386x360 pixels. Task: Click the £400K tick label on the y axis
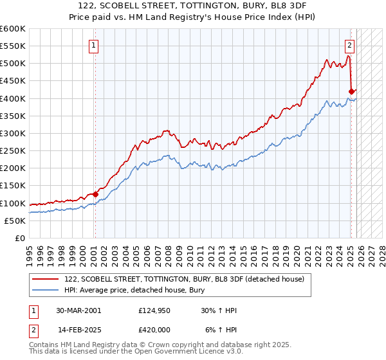click(x=12, y=98)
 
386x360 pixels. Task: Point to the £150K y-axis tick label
click(x=12, y=186)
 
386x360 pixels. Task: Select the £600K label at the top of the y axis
click(x=12, y=29)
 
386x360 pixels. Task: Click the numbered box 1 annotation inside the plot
click(x=94, y=46)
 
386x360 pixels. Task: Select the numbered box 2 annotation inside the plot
click(x=349, y=46)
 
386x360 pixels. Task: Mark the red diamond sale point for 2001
click(x=95, y=194)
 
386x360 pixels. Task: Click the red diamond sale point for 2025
click(x=351, y=91)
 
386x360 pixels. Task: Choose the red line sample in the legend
click(x=46, y=278)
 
